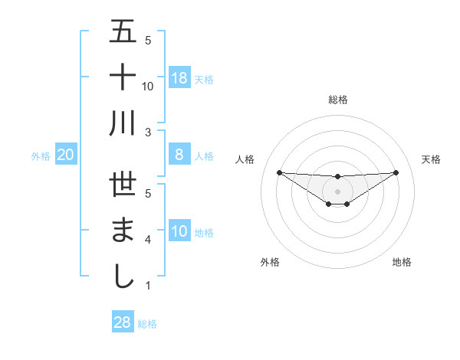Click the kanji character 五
[123, 32]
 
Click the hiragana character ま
[123, 231]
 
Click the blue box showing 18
[179, 77]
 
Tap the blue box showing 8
[179, 155]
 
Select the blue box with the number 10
[179, 231]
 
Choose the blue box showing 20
[66, 155]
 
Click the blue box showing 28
[123, 322]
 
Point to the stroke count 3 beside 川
[147, 133]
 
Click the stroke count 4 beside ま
[147, 241]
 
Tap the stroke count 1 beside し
[147, 286]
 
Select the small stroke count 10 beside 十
[148, 87]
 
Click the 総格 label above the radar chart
[337, 100]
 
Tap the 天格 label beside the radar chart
[431, 159]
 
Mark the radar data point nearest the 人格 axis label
[279, 172]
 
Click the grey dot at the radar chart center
[337, 191]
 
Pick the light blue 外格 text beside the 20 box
[41, 155]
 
